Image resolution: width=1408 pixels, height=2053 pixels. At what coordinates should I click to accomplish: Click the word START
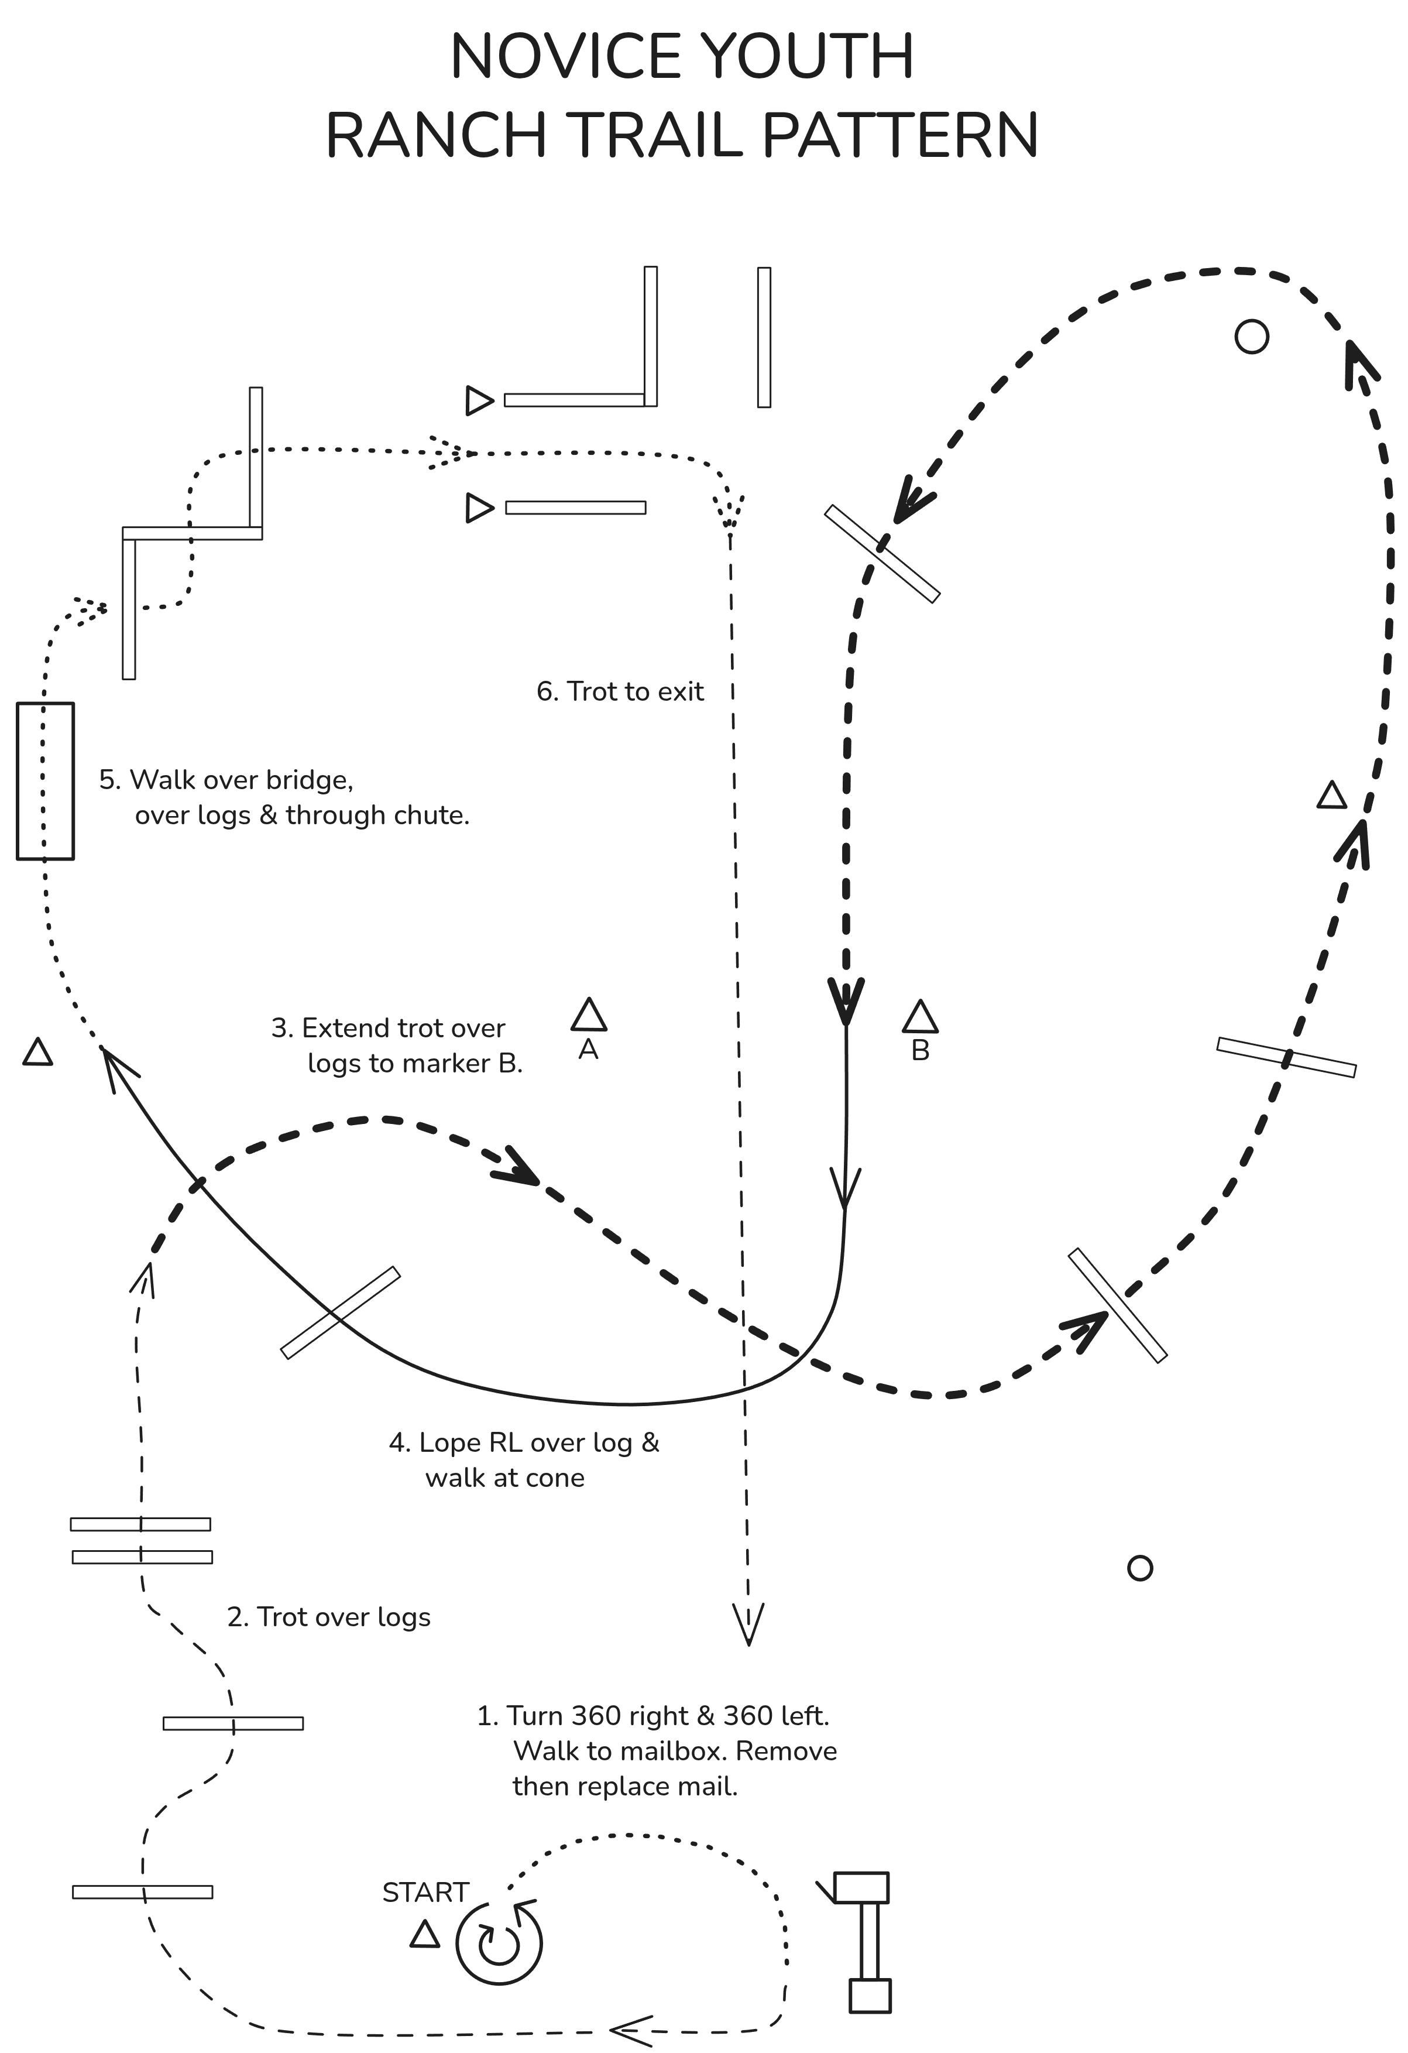point(425,1892)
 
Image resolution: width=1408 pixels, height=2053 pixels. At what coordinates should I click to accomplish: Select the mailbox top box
point(861,1887)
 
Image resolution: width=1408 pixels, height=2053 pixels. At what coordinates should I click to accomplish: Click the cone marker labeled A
point(588,1015)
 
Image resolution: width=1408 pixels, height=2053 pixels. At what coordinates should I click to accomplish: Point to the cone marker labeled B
point(921,1017)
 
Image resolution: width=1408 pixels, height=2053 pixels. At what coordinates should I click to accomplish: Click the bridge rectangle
point(45,781)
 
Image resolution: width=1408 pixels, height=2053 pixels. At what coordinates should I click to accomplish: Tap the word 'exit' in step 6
point(680,692)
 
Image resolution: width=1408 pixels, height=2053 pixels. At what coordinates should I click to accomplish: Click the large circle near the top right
point(1252,337)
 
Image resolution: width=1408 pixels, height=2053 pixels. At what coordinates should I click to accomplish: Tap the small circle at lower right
point(1141,1568)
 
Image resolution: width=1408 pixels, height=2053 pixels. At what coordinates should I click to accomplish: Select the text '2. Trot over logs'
point(329,1617)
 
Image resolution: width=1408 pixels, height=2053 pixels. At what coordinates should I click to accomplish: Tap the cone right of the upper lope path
point(1332,794)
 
